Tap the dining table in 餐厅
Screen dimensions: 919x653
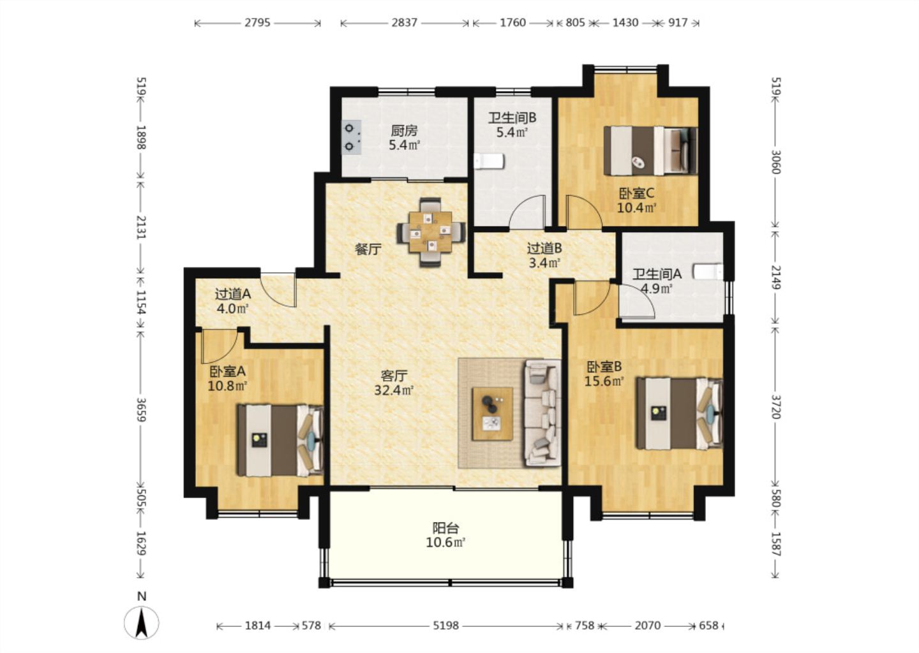430,232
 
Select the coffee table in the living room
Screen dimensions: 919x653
492,414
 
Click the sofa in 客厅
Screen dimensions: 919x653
542,413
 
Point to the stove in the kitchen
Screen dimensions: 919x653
352,137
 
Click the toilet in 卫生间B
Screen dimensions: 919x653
489,161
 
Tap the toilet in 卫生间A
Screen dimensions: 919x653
708,272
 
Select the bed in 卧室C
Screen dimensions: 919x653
651,151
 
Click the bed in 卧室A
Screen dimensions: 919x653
281,441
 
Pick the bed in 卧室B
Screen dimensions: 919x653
680,414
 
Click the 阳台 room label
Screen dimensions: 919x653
445,527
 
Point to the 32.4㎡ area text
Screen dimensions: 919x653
393,390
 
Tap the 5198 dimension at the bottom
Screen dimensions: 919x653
446,626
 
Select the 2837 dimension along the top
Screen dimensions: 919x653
404,22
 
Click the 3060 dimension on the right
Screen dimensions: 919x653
775,162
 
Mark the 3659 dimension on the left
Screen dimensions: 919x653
141,409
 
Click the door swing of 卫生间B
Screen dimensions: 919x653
527,212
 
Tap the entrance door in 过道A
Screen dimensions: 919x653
278,290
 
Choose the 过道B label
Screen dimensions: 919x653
544,248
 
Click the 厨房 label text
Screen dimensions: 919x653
404,131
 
